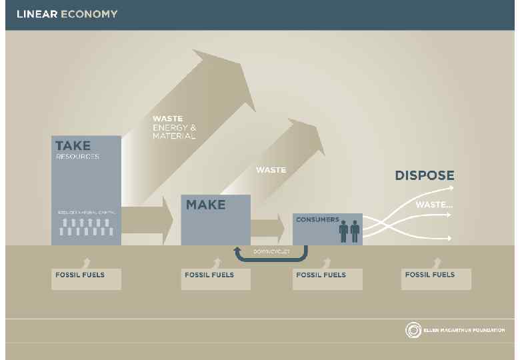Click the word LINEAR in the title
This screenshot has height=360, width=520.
click(x=37, y=14)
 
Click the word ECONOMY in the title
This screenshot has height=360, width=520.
click(x=89, y=14)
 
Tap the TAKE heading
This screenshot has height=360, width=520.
click(x=73, y=145)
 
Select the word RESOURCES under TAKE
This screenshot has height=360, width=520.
click(x=77, y=157)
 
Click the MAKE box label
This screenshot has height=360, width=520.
click(x=205, y=205)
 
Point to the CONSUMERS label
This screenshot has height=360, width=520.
click(x=317, y=219)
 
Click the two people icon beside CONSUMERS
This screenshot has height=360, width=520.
click(x=349, y=231)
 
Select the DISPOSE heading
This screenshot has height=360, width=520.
click(x=425, y=176)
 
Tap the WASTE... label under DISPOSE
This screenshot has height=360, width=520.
click(x=434, y=205)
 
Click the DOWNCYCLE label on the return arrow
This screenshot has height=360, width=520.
click(x=271, y=251)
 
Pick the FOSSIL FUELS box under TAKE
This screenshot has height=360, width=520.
click(x=87, y=279)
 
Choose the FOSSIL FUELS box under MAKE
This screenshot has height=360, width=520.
click(x=216, y=279)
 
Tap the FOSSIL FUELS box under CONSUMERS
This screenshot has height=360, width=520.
click(x=327, y=279)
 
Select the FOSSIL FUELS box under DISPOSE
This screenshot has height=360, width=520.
click(x=436, y=279)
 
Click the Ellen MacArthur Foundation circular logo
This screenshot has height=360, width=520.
click(x=413, y=330)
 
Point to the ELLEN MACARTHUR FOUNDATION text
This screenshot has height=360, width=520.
click(x=464, y=331)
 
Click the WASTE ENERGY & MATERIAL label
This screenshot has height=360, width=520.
click(x=174, y=127)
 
